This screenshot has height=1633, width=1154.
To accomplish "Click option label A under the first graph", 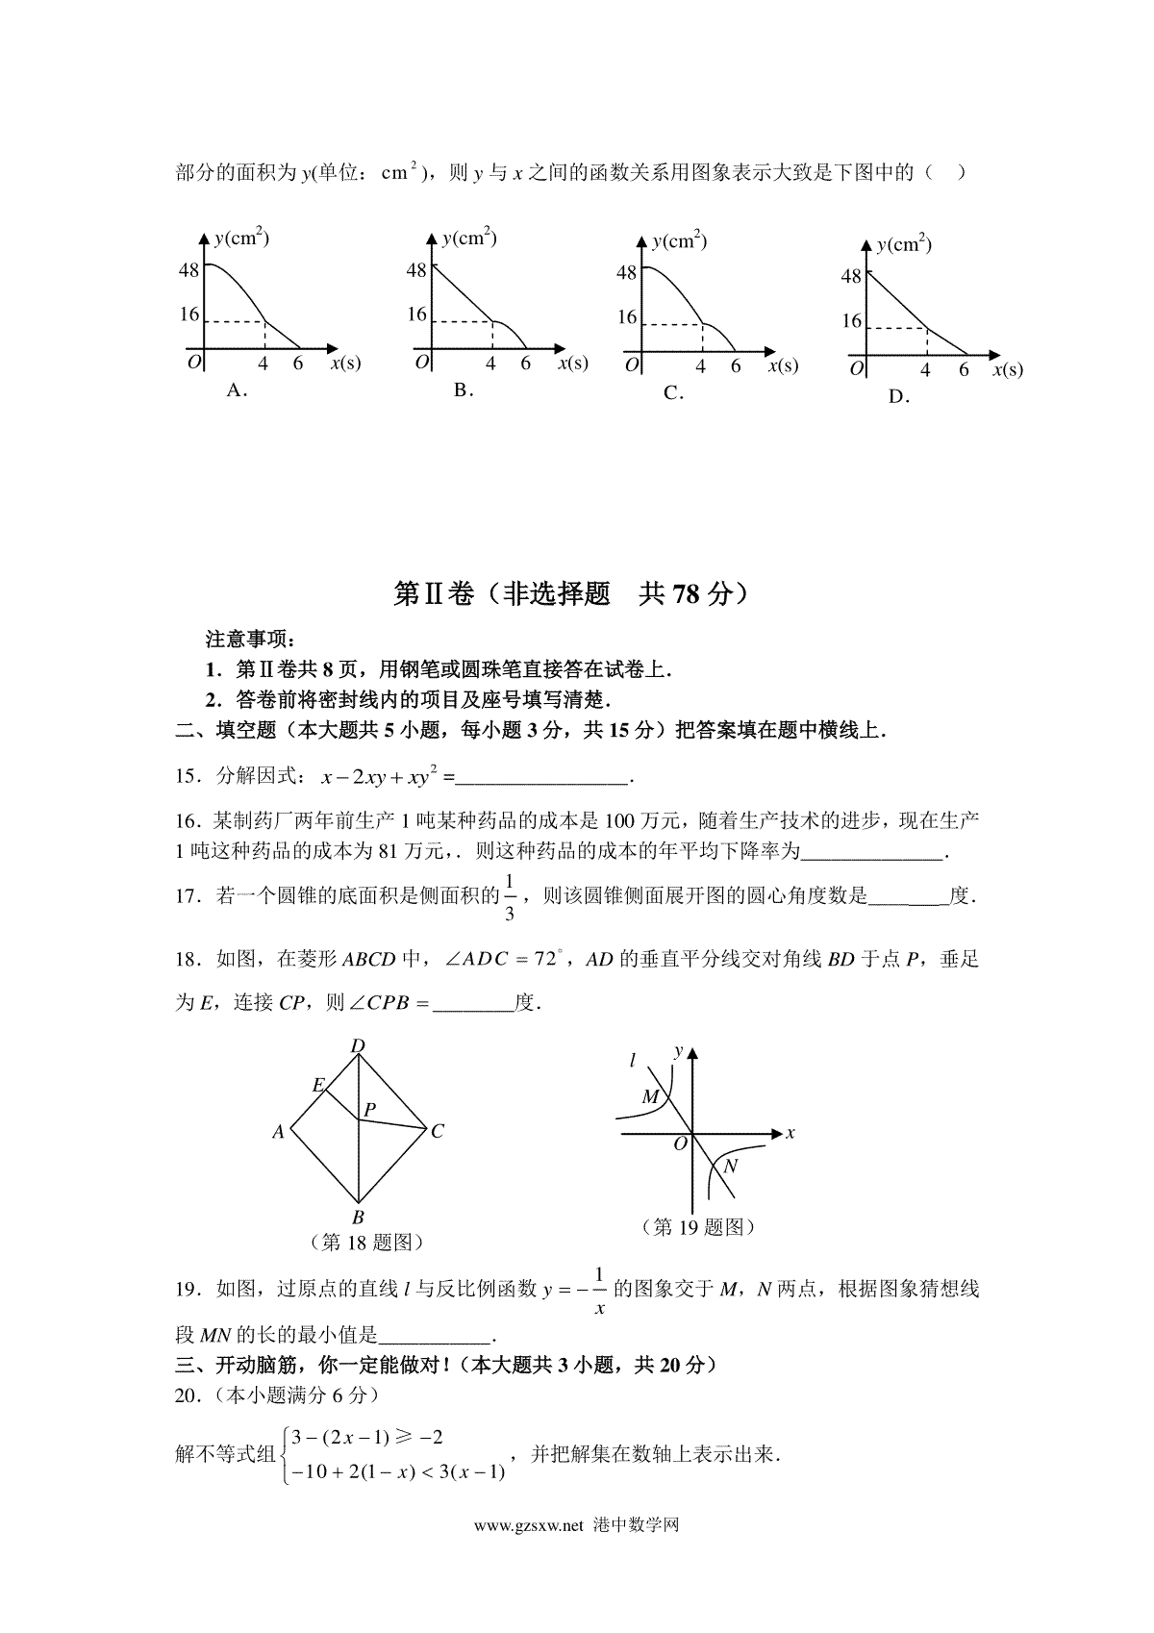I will [x=236, y=390].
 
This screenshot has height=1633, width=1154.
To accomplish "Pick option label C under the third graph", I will [x=672, y=392].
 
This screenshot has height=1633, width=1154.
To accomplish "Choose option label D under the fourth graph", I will [x=897, y=396].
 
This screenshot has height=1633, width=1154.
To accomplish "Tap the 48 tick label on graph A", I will [x=188, y=270].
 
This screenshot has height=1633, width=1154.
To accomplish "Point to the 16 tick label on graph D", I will [x=852, y=321].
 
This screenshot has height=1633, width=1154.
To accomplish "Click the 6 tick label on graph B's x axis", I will [x=525, y=364].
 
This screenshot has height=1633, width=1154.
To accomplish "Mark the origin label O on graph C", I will [x=632, y=365].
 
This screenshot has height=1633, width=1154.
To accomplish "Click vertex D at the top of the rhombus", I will [x=358, y=1046].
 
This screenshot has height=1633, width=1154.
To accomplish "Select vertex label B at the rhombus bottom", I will [x=358, y=1218].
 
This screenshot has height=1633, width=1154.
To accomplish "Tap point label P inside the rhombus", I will [x=369, y=1110].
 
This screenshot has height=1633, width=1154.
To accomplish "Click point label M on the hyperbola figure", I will [x=650, y=1097].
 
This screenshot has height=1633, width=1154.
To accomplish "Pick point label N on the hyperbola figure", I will [x=730, y=1167].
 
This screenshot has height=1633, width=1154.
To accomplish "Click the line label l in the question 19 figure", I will [x=632, y=1061].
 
